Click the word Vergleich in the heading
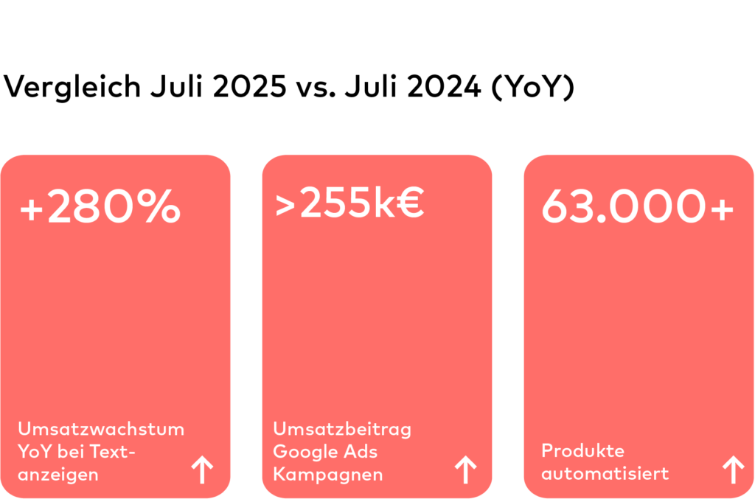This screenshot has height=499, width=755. [72, 88]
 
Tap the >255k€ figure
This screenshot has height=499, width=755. [349, 204]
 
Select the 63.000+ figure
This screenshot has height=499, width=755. [638, 207]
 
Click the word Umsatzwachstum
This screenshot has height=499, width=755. [101, 428]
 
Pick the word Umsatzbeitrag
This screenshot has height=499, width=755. [342, 428]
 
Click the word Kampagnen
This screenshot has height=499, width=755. [328, 474]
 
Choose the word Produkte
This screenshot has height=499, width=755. [583, 450]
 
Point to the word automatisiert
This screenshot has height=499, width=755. [605, 472]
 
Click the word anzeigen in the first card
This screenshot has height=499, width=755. [58, 474]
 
